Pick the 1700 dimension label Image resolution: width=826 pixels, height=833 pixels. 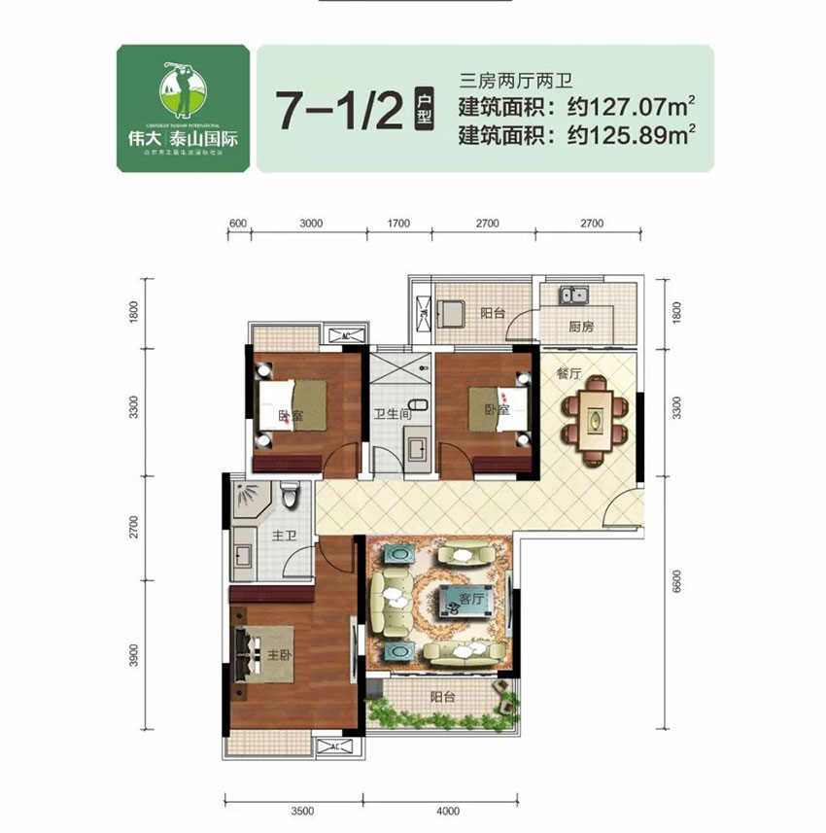coord(398,224)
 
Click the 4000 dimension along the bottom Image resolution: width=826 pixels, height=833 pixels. coord(447,809)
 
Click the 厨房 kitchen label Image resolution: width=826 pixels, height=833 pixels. coord(581,328)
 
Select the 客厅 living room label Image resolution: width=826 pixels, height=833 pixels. coord(472,600)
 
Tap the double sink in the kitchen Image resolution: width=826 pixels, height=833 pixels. coord(571,294)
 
